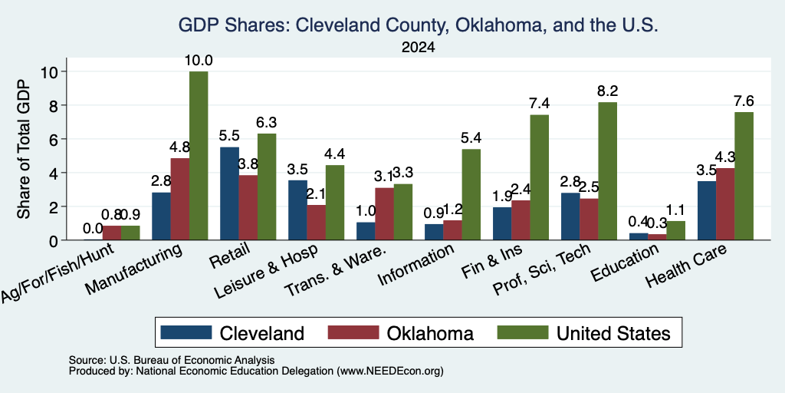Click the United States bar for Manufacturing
[199, 155]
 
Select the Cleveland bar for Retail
[229, 193]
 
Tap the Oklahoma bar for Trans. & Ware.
[385, 214]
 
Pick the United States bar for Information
[471, 194]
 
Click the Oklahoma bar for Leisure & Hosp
[317, 223]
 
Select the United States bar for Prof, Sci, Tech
[608, 171]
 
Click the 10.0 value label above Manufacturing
[199, 61]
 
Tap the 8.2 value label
[608, 91]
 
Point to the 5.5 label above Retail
[229, 136]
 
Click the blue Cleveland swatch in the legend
[186, 332]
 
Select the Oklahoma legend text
[430, 333]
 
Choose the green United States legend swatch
[523, 332]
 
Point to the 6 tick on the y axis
[54, 139]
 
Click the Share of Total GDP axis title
[24, 149]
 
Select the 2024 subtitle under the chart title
[418, 48]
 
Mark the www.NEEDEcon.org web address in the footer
[390, 372]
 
